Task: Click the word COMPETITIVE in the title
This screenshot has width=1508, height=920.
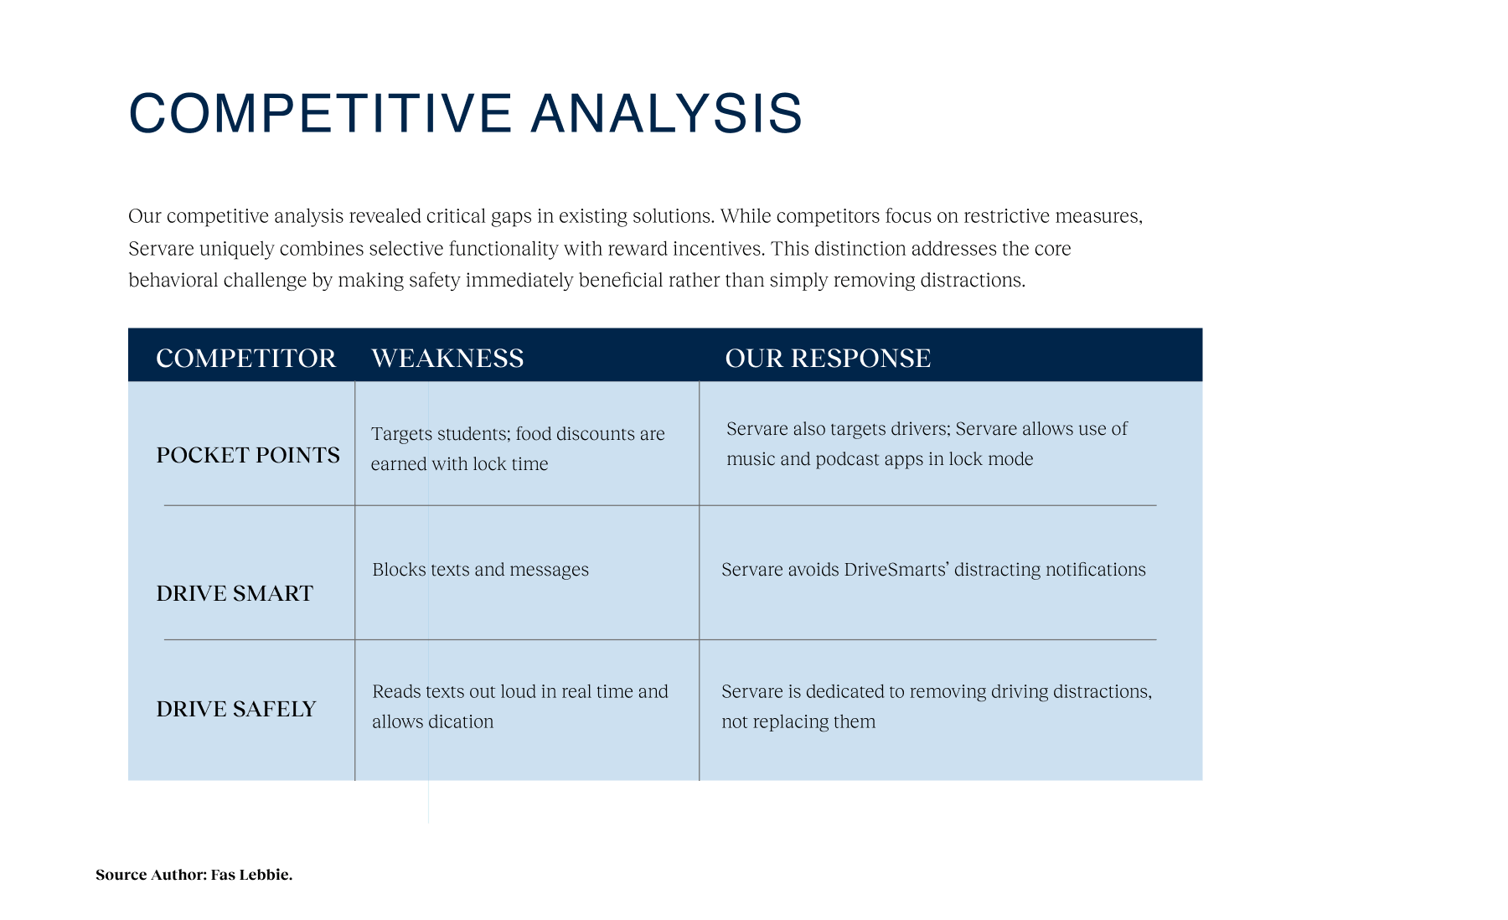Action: (x=320, y=113)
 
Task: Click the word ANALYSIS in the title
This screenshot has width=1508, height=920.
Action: (x=667, y=113)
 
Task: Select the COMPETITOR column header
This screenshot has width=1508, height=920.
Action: (x=245, y=358)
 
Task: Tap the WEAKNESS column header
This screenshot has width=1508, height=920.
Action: (x=447, y=358)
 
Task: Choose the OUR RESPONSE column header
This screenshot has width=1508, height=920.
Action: (x=828, y=358)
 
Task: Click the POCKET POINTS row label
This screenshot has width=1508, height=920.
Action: (x=248, y=455)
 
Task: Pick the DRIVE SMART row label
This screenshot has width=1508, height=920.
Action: (x=235, y=593)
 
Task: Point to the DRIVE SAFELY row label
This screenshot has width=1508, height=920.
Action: (x=236, y=709)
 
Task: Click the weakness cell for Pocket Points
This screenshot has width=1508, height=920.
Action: (x=518, y=448)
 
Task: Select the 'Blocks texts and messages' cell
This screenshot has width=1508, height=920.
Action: (x=480, y=570)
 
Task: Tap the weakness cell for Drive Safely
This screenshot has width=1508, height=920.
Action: (x=520, y=706)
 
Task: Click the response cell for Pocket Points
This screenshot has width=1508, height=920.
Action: (x=927, y=443)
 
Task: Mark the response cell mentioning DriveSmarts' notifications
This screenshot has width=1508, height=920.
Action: (x=933, y=570)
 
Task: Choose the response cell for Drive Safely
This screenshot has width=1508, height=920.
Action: (x=937, y=706)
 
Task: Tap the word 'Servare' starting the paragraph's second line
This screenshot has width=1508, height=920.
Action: (x=161, y=249)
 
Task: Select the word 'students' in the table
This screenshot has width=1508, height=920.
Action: (x=473, y=434)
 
